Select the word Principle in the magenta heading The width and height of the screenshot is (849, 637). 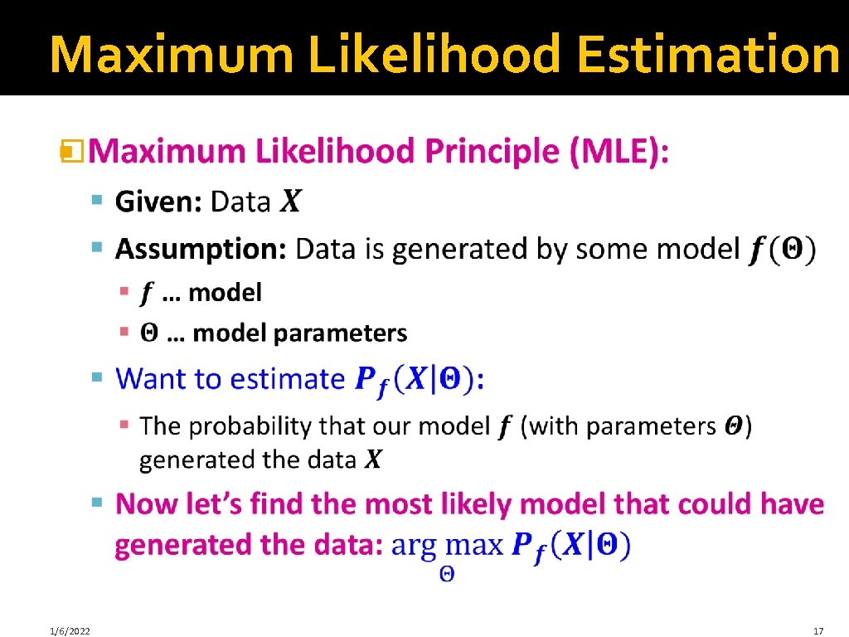pos(492,153)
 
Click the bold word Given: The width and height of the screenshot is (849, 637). pos(158,202)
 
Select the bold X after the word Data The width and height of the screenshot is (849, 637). pos(290,202)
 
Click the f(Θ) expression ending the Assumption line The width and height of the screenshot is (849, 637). pos(782,249)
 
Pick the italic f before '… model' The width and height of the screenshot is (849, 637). pos(147,293)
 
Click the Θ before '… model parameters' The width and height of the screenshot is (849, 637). pos(148,333)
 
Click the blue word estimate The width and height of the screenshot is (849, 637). pos(286,379)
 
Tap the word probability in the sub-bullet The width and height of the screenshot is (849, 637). pos(250,426)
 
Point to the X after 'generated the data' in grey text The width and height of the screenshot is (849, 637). pos(374,460)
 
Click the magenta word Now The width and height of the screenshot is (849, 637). pos(143,504)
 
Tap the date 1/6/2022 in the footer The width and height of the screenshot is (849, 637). pos(70,631)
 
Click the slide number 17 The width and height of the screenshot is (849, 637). pos(818,631)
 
